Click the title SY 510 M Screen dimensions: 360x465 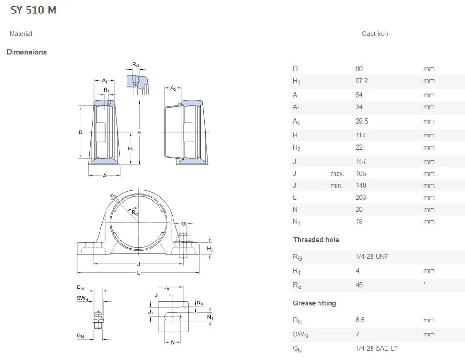click(x=33, y=10)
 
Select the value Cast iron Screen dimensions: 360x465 click(x=374, y=33)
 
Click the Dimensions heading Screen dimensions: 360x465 click(x=27, y=52)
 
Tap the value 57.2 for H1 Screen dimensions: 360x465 click(x=361, y=81)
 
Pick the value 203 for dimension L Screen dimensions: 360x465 click(x=360, y=197)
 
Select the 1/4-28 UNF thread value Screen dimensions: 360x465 click(x=372, y=256)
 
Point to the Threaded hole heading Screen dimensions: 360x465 click(x=316, y=240)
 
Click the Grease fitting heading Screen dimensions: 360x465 click(x=314, y=303)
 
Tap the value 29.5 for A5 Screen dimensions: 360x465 click(x=361, y=121)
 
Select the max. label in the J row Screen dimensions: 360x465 click(x=337, y=174)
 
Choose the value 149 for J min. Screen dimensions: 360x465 click(x=360, y=185)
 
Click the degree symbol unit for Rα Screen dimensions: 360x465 click(x=424, y=284)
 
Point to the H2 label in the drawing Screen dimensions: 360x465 click(x=210, y=249)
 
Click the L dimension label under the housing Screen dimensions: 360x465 click(x=138, y=272)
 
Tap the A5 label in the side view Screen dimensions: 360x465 click(x=173, y=88)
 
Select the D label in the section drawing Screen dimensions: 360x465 click(x=80, y=132)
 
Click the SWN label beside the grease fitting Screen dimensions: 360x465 click(x=82, y=298)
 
